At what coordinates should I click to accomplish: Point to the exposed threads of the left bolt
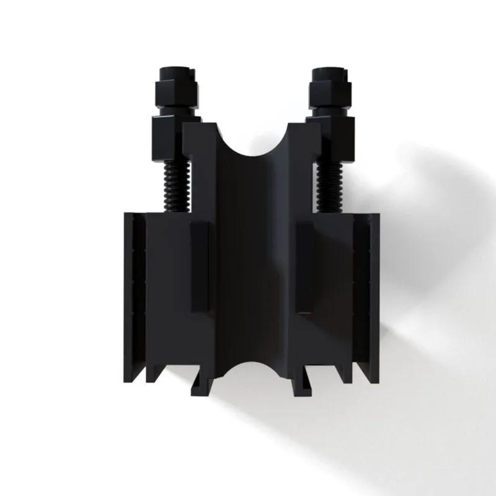175,186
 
